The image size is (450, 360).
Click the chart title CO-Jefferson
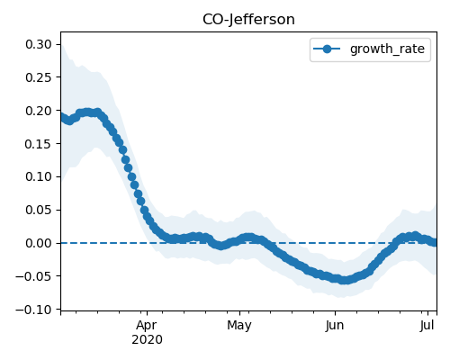coord(248,20)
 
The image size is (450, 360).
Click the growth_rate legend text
coord(387,49)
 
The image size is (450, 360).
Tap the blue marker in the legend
coord(327,49)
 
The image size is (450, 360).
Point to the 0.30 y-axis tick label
coord(39,44)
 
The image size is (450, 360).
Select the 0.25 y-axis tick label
coord(39,77)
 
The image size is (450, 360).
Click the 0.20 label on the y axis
coord(39,111)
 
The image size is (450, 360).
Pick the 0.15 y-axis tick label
coord(39,144)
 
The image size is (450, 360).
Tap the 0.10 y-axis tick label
coord(39,176)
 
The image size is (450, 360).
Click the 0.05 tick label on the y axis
coord(39,210)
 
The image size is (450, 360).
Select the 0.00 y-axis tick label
coord(39,243)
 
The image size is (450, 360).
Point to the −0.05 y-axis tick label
coord(34,276)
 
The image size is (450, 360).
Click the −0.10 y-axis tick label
coord(34,310)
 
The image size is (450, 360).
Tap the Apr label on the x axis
coord(147,326)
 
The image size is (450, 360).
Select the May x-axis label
coord(239,326)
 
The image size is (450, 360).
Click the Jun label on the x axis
coord(335,326)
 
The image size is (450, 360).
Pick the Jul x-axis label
coord(427,326)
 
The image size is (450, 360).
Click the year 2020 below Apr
coord(147,340)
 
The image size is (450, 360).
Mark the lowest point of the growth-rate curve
coord(345,280)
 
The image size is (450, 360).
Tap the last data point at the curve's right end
coord(435,242)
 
